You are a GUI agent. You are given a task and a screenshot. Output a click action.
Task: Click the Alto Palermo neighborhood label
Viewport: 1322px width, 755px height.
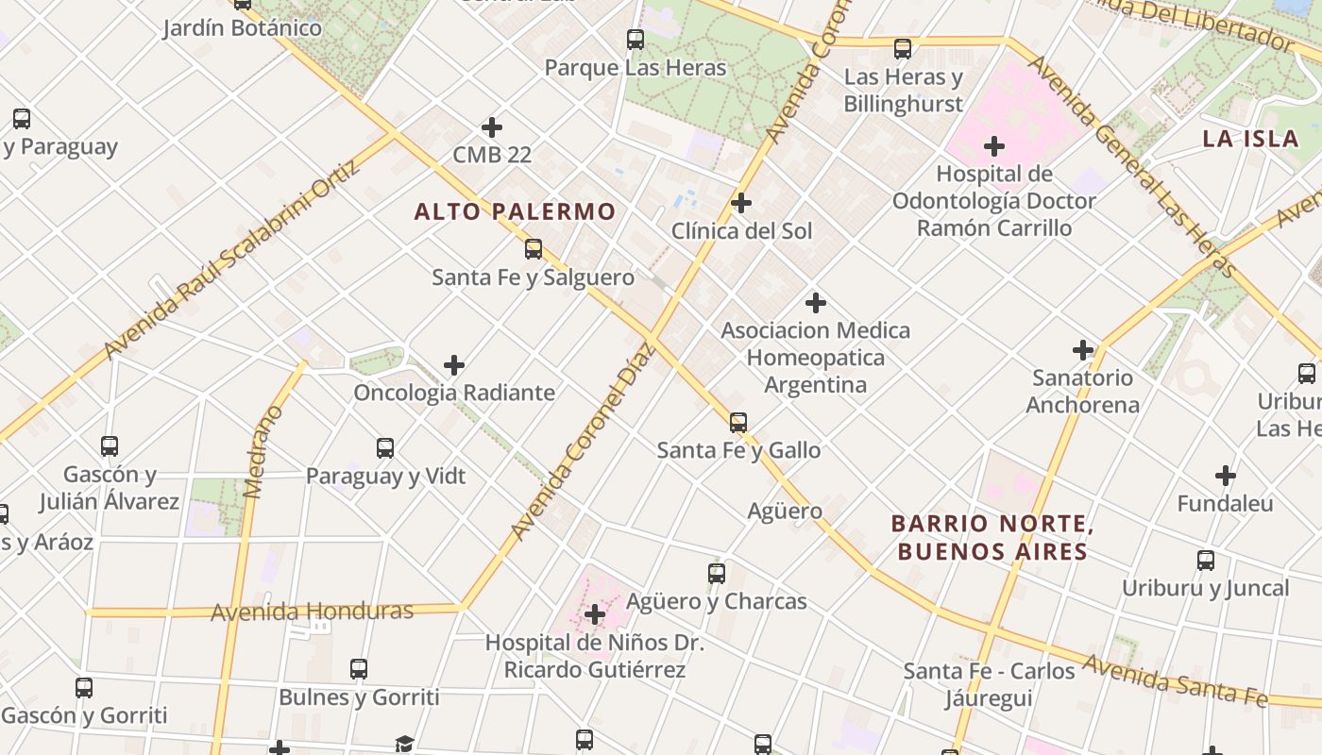(515, 211)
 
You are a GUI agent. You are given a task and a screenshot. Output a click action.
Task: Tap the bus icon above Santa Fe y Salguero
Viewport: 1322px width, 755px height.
(534, 249)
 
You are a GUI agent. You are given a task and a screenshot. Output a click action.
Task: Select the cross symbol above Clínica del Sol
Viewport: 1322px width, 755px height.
(741, 203)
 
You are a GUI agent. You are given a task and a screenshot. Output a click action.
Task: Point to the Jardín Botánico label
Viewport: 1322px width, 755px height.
(242, 28)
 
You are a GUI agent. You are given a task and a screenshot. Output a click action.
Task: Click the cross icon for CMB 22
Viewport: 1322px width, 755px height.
(492, 127)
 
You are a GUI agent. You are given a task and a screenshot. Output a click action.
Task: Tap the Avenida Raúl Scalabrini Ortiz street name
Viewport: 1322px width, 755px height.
(231, 260)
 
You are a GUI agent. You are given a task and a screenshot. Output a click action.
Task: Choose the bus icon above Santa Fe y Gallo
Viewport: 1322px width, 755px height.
(738, 422)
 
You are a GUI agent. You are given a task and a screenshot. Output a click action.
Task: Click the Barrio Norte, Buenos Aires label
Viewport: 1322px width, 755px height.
(992, 537)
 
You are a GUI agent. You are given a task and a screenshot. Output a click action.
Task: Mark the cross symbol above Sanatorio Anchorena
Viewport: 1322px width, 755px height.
(1083, 350)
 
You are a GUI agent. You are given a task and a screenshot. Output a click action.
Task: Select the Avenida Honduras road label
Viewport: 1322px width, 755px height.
(312, 612)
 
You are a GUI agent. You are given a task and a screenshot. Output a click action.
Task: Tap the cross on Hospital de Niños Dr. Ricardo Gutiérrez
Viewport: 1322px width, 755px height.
(595, 615)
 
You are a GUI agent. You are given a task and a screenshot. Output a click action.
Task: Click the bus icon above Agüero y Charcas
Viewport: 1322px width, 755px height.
(717, 573)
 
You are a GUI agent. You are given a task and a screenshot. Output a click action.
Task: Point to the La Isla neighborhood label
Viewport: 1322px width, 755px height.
(1250, 139)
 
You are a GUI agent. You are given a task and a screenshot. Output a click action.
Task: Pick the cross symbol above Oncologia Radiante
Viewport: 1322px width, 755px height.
(454, 365)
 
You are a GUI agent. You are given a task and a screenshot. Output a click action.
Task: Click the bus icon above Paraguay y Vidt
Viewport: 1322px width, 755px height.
(385, 447)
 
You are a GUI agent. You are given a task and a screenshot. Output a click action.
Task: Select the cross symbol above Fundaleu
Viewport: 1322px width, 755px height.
(1226, 476)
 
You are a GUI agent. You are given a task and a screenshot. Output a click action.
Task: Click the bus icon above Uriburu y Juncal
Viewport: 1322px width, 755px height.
(1206, 561)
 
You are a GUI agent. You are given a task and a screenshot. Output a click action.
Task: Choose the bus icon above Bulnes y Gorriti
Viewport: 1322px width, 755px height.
(359, 669)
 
